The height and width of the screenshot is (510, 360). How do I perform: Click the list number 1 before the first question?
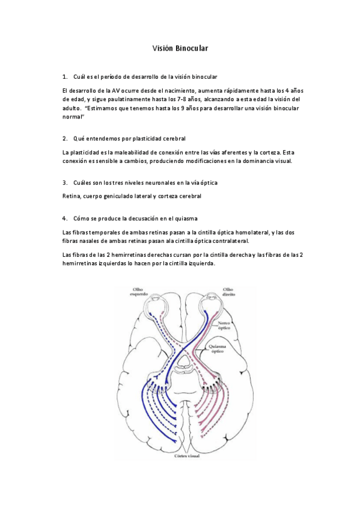click(x=64, y=78)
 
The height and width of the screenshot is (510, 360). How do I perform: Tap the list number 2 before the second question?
click(x=64, y=138)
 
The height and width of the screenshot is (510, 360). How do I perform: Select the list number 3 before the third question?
click(x=64, y=182)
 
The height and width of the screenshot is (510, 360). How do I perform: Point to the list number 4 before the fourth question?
click(x=64, y=218)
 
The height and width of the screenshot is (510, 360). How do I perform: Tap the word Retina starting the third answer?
click(x=71, y=196)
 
